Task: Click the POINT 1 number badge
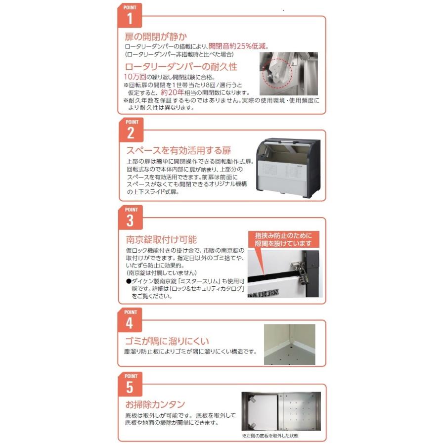point(130,15)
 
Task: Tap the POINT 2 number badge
point(131,130)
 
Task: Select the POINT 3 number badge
point(130,218)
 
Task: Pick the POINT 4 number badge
point(130,320)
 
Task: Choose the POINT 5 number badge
point(130,384)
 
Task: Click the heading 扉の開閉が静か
point(156,37)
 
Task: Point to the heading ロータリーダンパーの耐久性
point(181,67)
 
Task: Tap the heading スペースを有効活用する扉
point(179,150)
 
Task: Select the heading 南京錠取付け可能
point(161,239)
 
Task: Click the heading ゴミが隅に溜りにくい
point(167,341)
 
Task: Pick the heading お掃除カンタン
point(155,404)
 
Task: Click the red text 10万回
point(135,77)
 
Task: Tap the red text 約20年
point(172,92)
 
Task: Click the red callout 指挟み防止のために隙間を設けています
point(283,239)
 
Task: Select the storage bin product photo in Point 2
point(288,168)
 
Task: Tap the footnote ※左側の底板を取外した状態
point(270,436)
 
